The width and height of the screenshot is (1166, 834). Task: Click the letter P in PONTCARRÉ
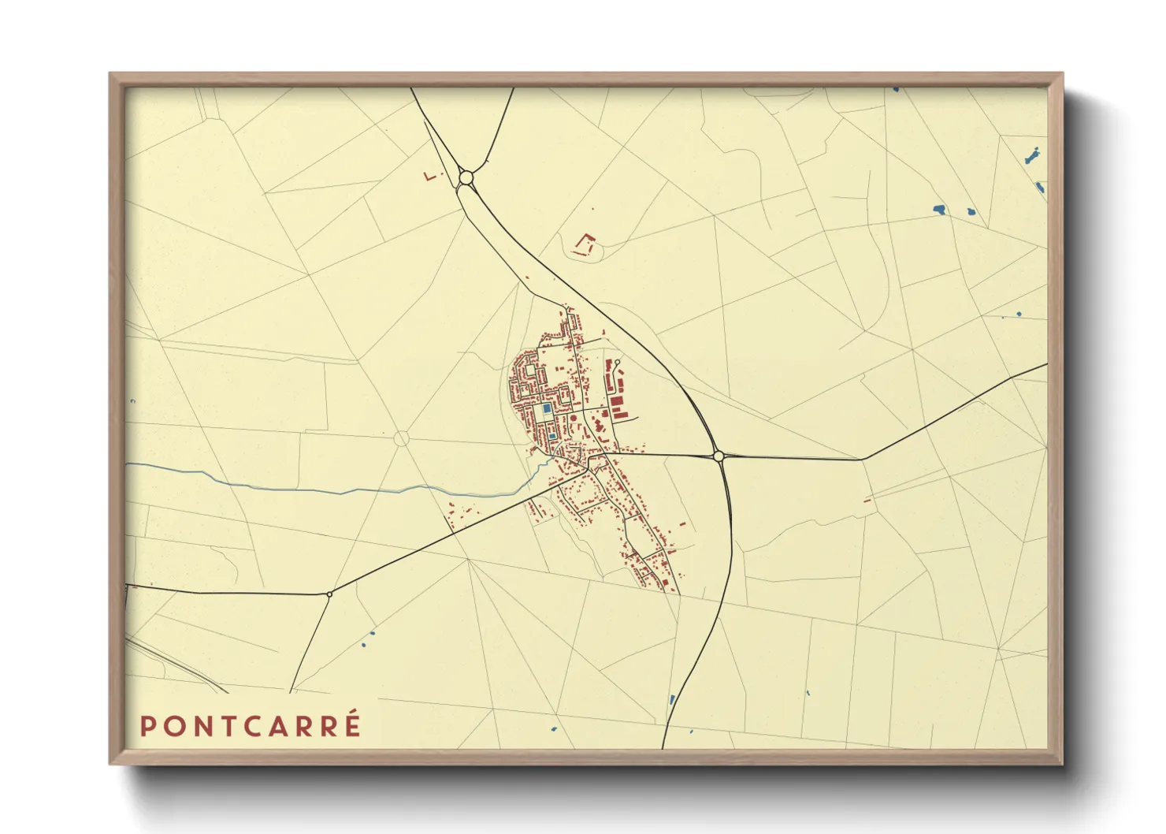click(146, 726)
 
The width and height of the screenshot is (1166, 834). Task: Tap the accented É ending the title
click(351, 724)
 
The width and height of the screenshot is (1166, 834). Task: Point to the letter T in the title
click(228, 726)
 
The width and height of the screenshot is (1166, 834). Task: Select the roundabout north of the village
click(466, 178)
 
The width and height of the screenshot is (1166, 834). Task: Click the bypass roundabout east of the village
click(718, 456)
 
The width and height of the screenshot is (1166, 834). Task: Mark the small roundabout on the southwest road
click(329, 594)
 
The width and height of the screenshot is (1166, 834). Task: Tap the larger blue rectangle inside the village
click(547, 410)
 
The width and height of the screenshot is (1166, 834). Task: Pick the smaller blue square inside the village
click(552, 436)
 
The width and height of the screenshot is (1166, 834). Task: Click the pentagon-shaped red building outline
click(584, 244)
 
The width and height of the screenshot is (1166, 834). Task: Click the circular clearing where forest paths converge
click(401, 438)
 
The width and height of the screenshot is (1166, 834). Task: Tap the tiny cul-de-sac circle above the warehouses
click(618, 363)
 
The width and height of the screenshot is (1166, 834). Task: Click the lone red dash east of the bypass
click(867, 500)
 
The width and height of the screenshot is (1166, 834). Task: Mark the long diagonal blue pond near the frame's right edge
click(1032, 155)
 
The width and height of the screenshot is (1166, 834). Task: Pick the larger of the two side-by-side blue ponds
click(938, 210)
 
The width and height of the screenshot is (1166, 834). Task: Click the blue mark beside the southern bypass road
click(672, 698)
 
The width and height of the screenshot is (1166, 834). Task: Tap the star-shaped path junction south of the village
click(468, 559)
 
